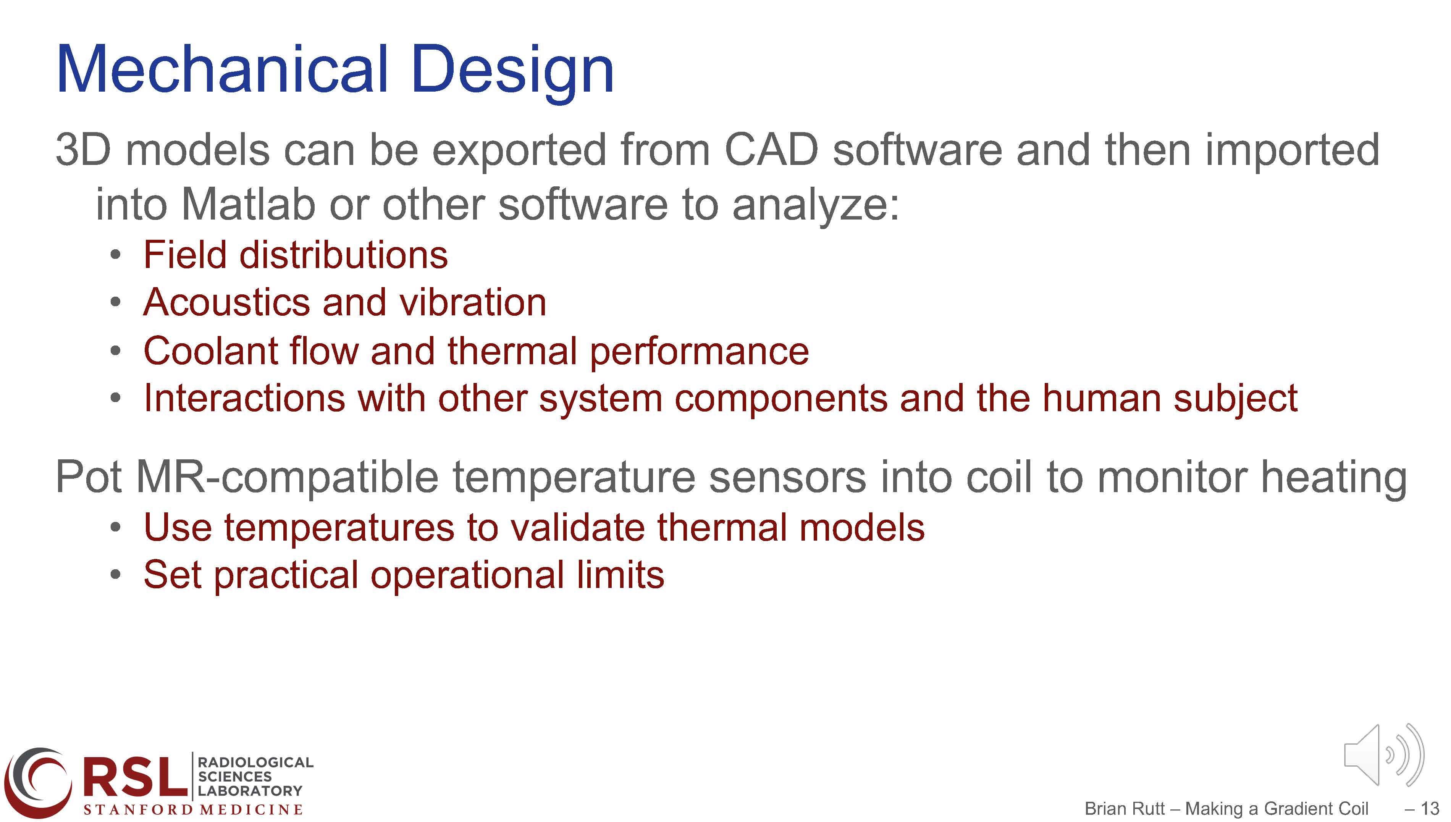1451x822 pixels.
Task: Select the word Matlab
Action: click(x=249, y=204)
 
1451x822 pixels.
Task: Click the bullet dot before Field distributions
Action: click(x=115, y=255)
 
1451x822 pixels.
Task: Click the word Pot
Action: click(x=89, y=478)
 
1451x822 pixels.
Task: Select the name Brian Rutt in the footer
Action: click(x=1125, y=809)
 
